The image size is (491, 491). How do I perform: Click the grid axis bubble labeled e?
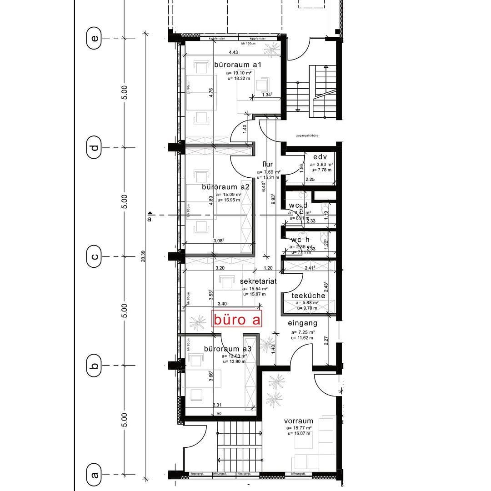pos(95,38)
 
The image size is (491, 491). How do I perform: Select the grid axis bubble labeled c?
pos(95,256)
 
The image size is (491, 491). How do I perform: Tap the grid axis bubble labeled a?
pos(95,475)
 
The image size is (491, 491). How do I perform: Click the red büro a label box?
pos(237,319)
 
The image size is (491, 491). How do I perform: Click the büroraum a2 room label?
pos(226,187)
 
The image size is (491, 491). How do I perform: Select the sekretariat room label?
pos(258,281)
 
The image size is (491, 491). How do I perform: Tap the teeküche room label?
pos(308,296)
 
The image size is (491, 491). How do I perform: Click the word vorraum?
pos(299,421)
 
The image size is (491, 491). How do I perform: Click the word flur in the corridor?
pos(267,164)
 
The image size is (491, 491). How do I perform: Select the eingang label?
pos(302,323)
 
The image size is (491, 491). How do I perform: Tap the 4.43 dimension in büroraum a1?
pos(233,53)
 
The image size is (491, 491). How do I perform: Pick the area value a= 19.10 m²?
pos(239,73)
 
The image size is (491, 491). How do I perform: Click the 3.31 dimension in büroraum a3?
pos(217,405)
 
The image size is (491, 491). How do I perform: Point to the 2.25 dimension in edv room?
pos(310,180)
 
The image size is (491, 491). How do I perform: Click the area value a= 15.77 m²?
pos(299,428)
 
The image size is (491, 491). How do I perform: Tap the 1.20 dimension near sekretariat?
pos(268,268)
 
